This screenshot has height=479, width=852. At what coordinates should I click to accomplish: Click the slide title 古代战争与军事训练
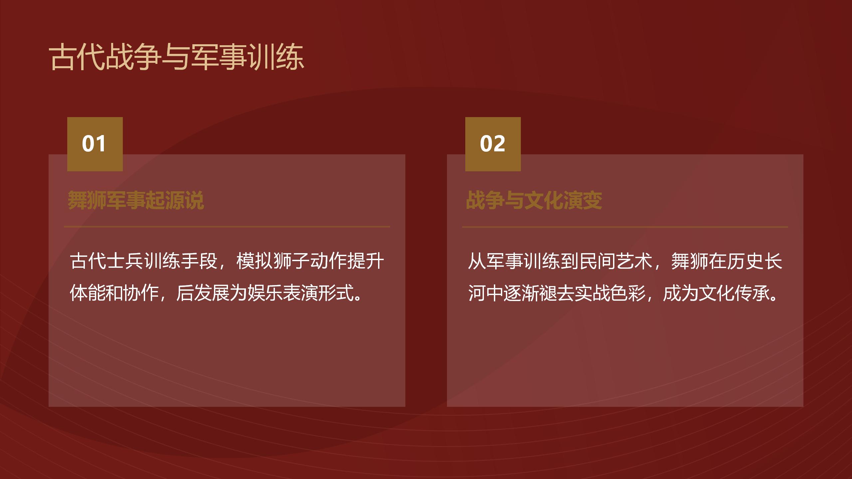tap(177, 57)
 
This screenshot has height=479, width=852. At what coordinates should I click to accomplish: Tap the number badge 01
tap(95, 144)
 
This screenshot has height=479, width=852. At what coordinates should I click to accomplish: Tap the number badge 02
tap(493, 144)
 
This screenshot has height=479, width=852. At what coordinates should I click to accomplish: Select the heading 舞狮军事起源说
tap(136, 200)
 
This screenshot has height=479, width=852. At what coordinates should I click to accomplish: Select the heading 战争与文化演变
tap(534, 200)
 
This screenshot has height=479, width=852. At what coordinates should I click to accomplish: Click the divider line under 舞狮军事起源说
tap(227, 227)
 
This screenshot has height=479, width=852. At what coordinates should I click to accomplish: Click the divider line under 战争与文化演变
tap(625, 227)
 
